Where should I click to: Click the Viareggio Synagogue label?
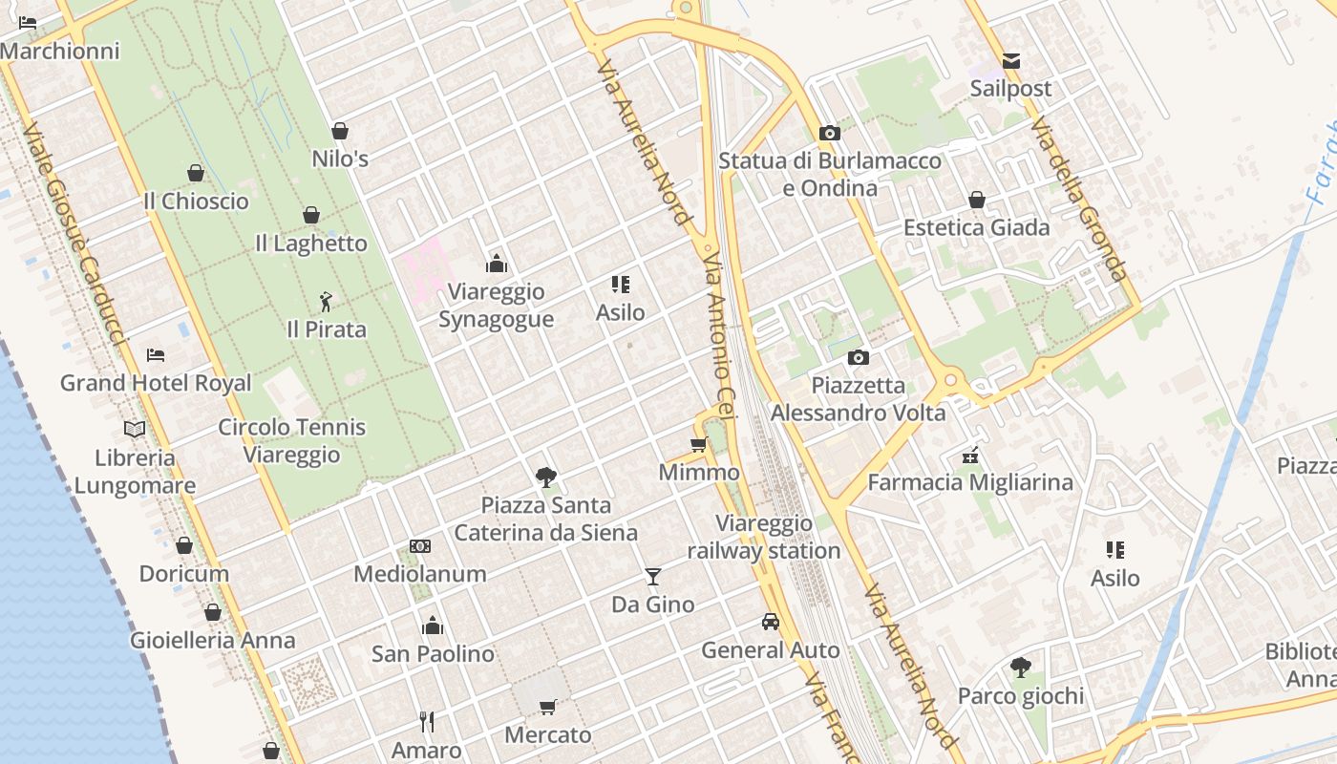[496, 306]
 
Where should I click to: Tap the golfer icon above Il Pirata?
[326, 302]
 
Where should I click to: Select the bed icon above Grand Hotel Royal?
[156, 355]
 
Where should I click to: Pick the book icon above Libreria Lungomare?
[135, 430]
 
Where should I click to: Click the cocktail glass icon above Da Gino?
[652, 576]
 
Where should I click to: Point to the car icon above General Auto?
[770, 622]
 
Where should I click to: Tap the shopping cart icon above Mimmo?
[698, 444]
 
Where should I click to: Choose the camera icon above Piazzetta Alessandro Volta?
[859, 357]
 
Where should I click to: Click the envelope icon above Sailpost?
[1010, 62]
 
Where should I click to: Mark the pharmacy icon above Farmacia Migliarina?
[970, 455]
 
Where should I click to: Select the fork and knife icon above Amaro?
[427, 722]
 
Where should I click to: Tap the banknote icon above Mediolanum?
[420, 546]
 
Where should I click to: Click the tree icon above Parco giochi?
[1021, 668]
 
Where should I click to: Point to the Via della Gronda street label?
[1080, 201]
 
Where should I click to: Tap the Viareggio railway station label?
[764, 537]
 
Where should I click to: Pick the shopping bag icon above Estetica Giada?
[977, 200]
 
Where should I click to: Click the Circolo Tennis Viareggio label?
[291, 440]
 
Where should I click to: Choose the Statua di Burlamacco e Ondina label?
[830, 174]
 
